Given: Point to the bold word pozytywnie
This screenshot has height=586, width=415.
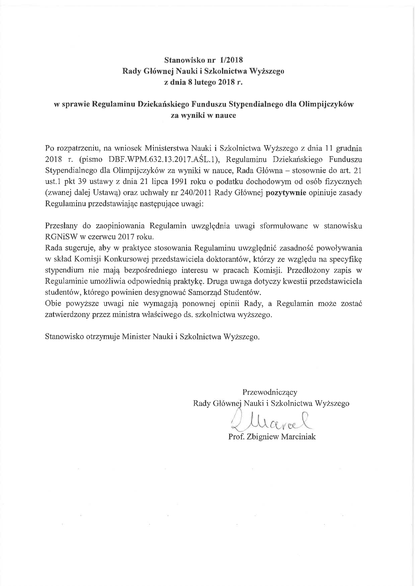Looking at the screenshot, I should click(x=286, y=192).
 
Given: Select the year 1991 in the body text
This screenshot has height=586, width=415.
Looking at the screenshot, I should click(x=186, y=181).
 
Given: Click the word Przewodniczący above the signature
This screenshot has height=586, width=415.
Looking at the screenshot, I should click(x=270, y=392).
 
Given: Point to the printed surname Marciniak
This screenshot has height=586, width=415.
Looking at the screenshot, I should click(x=298, y=437).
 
